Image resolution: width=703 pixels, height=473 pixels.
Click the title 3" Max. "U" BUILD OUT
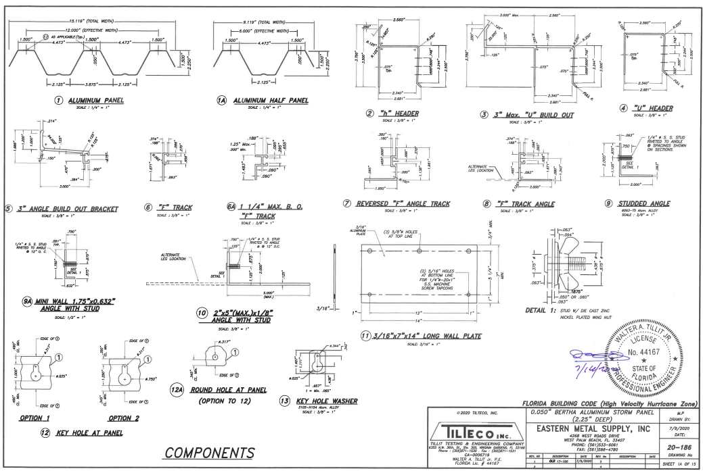[535, 115]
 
